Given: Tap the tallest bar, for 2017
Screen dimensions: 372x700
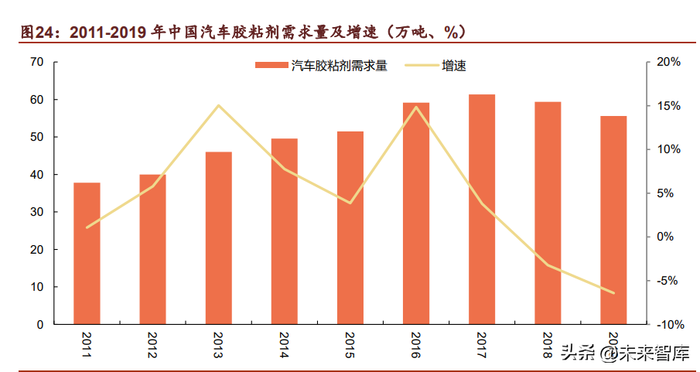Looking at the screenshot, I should pos(482,209).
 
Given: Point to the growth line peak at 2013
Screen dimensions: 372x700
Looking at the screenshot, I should pos(218,105).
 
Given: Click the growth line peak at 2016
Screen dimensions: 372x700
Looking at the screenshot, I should pos(416,107).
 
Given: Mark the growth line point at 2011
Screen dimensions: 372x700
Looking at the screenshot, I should pos(87,227).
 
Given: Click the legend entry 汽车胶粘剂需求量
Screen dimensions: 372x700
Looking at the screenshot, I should pos(320,67).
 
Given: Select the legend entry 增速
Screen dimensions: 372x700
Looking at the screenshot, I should pos(453,67).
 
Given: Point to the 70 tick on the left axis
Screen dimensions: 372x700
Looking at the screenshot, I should pos(37,62).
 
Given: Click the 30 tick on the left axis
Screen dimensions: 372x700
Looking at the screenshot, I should pos(37,212).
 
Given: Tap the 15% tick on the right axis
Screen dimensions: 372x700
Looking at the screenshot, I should pos(667,106).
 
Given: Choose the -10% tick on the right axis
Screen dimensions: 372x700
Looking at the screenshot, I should pos(664,324).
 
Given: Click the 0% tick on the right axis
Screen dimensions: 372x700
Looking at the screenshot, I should pos(669,237).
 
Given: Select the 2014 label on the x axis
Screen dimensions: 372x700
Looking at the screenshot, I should pos(285,343).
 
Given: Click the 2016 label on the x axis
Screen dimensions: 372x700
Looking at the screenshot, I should pos(416,343).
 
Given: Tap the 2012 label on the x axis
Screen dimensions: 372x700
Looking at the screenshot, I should pos(153,343).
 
